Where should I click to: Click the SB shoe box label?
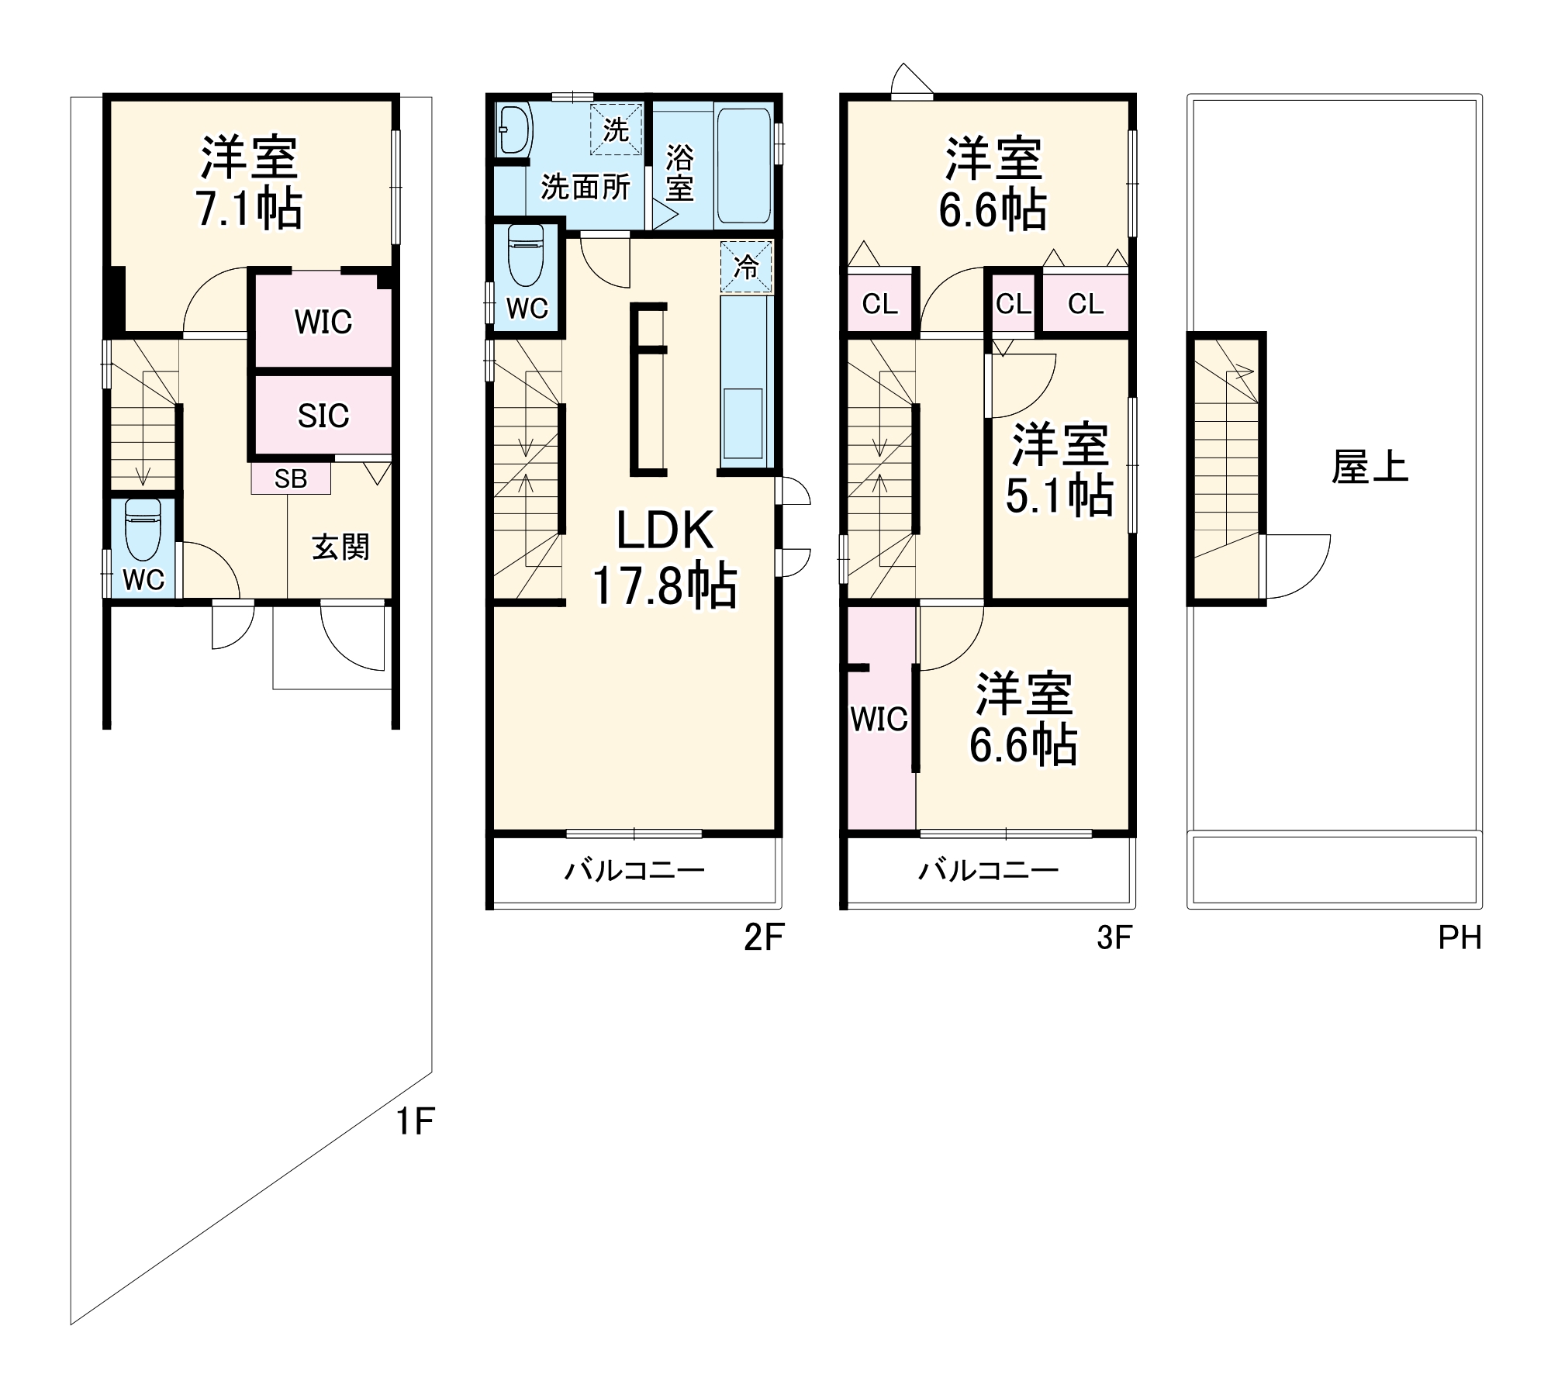click(x=291, y=478)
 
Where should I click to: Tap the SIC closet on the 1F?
click(x=323, y=416)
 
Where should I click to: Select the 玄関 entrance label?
click(x=340, y=547)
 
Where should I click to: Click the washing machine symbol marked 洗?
click(x=616, y=129)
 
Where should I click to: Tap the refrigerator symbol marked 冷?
click(x=746, y=268)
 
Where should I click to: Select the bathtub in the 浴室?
click(x=743, y=166)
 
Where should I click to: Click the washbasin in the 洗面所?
click(x=513, y=129)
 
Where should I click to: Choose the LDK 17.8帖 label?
click(x=665, y=558)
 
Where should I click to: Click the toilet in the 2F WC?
click(x=526, y=257)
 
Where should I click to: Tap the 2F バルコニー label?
click(x=634, y=871)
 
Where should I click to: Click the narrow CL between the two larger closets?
click(x=1013, y=304)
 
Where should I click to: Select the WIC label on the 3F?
click(x=879, y=720)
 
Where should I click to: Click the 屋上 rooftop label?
click(x=1370, y=468)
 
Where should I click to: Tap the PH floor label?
click(x=1459, y=938)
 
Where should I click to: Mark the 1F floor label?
click(x=416, y=1121)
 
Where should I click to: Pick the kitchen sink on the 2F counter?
click(x=743, y=423)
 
